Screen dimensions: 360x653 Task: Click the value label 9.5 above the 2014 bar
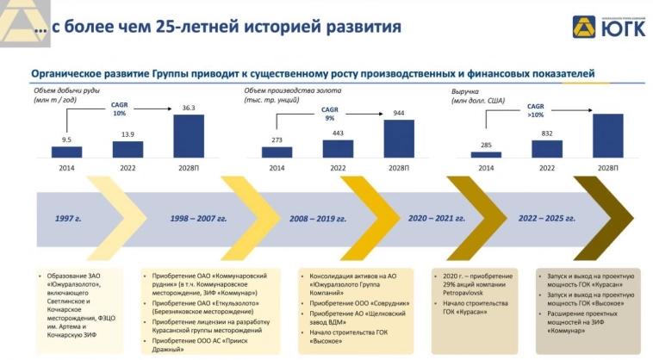click(65, 139)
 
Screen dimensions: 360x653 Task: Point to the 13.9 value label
click(127, 133)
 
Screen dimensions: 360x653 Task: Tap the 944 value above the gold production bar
click(399, 113)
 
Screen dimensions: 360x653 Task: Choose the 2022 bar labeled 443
click(338, 148)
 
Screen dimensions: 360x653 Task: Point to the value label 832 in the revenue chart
click(547, 133)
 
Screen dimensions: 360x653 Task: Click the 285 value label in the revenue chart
click(486, 145)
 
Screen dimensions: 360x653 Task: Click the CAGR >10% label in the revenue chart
click(536, 110)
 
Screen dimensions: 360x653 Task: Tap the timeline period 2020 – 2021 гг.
click(436, 219)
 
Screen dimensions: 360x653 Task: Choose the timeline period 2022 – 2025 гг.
click(544, 219)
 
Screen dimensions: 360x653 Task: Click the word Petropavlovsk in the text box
click(463, 293)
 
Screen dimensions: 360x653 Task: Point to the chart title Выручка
click(467, 91)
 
